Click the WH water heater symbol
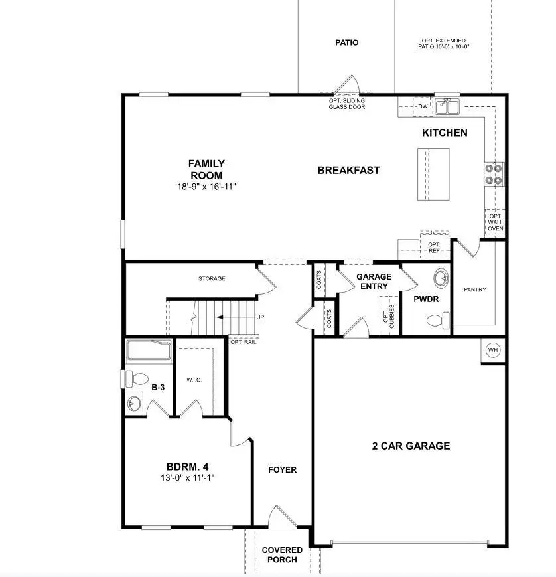[492, 350]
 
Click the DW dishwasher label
[423, 106]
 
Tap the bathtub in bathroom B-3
[149, 351]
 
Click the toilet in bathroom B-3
[137, 379]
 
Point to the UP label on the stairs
[260, 317]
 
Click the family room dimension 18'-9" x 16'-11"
[206, 187]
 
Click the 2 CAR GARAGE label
[410, 446]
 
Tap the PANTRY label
[475, 289]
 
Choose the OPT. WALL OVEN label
[495, 222]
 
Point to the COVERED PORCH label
[282, 554]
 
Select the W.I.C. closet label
[194, 380]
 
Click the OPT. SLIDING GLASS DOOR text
[347, 104]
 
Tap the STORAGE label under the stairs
[212, 278]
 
